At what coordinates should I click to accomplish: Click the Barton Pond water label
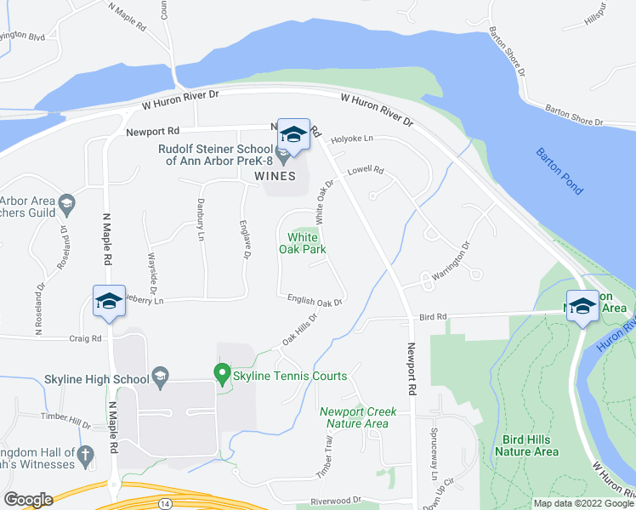click(559, 171)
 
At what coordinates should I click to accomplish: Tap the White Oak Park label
click(303, 243)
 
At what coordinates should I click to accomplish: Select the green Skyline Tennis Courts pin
click(222, 373)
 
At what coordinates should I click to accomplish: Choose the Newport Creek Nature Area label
click(354, 417)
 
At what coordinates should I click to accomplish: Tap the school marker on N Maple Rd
click(109, 302)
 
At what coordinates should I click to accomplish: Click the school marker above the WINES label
click(293, 135)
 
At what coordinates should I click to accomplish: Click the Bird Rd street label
click(432, 317)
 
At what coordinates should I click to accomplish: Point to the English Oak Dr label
click(315, 301)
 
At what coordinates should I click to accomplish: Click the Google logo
click(27, 499)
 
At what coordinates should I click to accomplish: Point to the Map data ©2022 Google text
click(583, 503)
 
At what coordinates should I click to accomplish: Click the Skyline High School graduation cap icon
click(159, 376)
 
